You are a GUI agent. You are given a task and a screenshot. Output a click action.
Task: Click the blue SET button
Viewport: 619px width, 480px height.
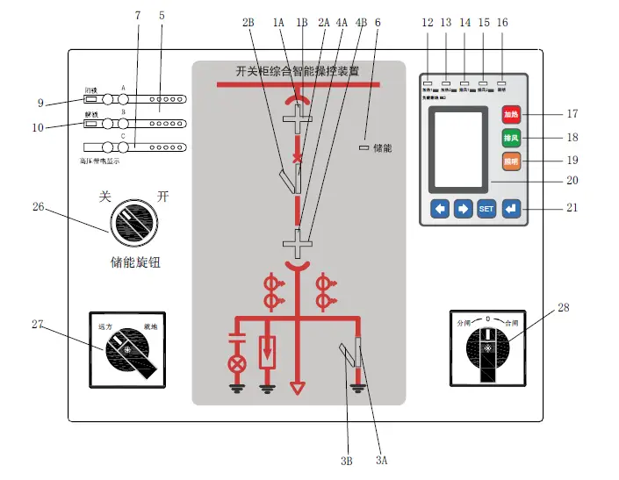(486, 209)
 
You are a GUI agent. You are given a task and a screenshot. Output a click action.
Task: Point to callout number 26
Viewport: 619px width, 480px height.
(37, 207)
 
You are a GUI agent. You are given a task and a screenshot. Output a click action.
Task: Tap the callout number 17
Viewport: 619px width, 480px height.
(572, 113)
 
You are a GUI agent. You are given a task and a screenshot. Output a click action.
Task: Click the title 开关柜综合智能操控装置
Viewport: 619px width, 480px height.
(298, 71)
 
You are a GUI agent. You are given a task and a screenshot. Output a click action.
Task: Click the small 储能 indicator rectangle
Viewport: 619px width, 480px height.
(363, 148)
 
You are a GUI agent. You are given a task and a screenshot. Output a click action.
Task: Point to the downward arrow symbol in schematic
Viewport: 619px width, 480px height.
(299, 386)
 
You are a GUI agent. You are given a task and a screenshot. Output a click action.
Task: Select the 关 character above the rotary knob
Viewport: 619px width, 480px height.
(105, 196)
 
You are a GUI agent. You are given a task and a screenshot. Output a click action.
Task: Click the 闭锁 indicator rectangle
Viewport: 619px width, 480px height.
(90, 99)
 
